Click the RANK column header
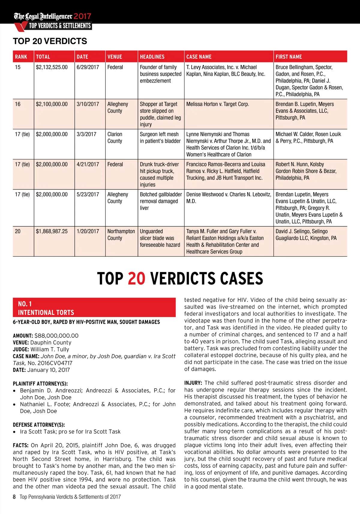pos(21,57)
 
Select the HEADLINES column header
pos(152,57)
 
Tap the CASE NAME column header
pos(199,57)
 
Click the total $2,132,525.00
pos(52,67)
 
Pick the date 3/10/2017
pos(88,104)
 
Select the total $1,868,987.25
pos(52,231)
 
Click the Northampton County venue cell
pos(121,235)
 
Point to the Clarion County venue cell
pos(115,137)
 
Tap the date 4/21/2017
pos(88,164)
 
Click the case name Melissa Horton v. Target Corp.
pos(217,104)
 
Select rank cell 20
pos(18,231)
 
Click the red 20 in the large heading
pos(136,279)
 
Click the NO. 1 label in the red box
pos(25,304)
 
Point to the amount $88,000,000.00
pos(56,336)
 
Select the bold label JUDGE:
pos(21,349)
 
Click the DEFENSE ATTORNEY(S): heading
pos(39,425)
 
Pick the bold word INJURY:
pos(193,383)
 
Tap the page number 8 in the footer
pos(14,497)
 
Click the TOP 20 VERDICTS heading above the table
pos(50,41)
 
